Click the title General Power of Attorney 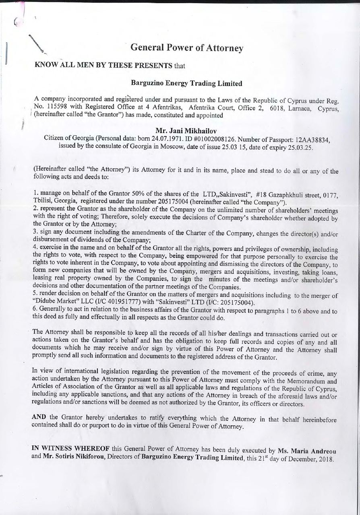click(x=187, y=48)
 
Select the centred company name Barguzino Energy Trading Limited click(x=186, y=84)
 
